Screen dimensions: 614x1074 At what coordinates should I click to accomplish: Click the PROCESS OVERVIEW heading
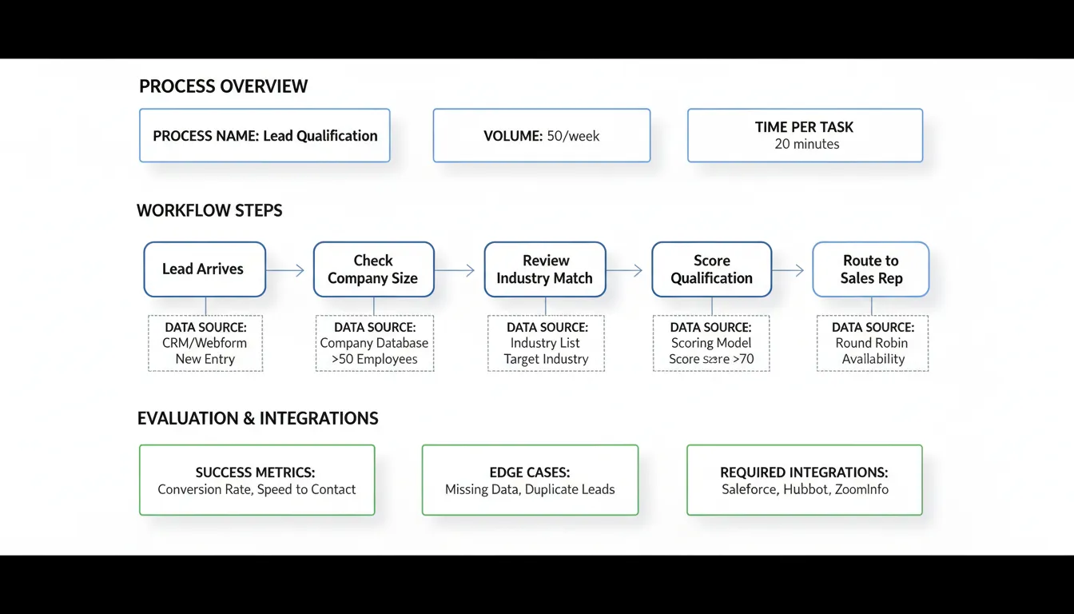[223, 87]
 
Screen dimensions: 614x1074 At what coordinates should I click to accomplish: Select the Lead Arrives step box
[204, 269]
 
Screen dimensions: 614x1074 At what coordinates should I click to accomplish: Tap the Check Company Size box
[373, 269]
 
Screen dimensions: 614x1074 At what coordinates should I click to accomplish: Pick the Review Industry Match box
[544, 269]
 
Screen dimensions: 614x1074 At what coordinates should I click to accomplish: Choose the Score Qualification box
[711, 269]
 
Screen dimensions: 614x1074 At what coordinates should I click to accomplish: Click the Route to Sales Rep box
[870, 269]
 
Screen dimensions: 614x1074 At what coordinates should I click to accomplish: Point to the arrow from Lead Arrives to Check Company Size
[286, 271]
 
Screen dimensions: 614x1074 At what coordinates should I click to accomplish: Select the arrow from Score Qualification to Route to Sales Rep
[788, 271]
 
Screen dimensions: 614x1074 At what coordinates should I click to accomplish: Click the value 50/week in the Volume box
[573, 136]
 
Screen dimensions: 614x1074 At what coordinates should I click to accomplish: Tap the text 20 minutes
[806, 144]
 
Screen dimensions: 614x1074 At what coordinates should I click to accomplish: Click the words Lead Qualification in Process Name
[320, 136]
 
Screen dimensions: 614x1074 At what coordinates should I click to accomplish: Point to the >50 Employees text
[374, 359]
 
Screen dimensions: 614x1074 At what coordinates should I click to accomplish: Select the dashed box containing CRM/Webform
[205, 343]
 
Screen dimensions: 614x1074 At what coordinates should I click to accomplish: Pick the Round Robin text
[872, 343]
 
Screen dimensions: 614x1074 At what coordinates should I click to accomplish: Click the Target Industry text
[546, 359]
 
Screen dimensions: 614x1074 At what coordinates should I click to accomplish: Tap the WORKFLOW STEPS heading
[209, 211]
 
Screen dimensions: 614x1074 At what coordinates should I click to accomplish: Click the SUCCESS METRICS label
[256, 472]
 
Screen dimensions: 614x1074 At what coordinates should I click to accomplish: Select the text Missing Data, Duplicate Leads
[530, 489]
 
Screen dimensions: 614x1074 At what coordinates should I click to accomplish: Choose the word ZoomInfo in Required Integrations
[861, 489]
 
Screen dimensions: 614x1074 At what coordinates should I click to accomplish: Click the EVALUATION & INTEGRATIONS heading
[257, 419]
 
